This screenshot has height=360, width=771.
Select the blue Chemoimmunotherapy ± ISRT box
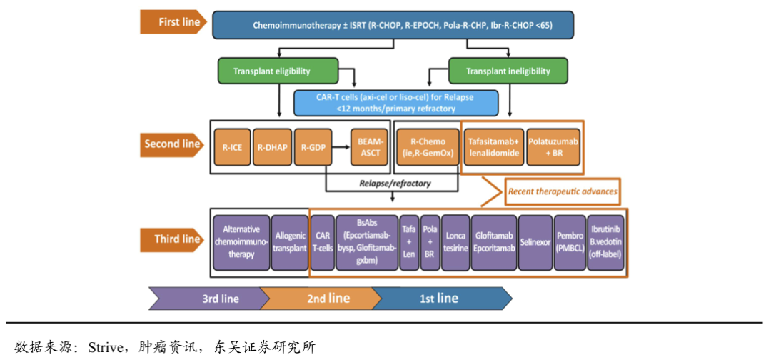click(393, 25)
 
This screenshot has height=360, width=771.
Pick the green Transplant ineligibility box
click(508, 71)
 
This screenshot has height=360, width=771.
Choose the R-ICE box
click(231, 149)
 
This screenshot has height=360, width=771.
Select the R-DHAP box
click(272, 149)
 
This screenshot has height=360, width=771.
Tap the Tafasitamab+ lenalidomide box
click(493, 149)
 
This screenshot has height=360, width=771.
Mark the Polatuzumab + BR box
click(553, 149)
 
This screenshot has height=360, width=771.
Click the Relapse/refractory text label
click(395, 184)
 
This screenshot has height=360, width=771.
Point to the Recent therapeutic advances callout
click(561, 191)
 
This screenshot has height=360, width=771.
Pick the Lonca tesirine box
click(455, 243)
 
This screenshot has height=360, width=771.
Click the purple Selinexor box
click(535, 243)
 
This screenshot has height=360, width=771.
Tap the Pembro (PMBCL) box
click(570, 243)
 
